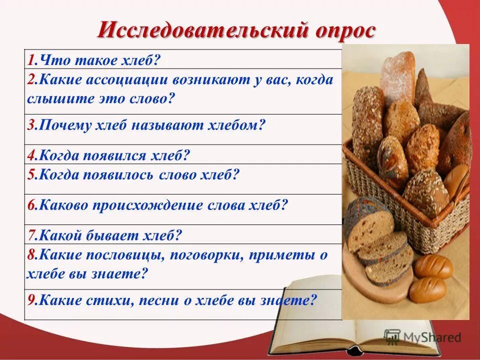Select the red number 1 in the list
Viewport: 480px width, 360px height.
[31, 61]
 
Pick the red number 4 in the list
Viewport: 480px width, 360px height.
[31, 155]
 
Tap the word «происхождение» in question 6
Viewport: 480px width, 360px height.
[149, 205]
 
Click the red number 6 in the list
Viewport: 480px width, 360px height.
[31, 205]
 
